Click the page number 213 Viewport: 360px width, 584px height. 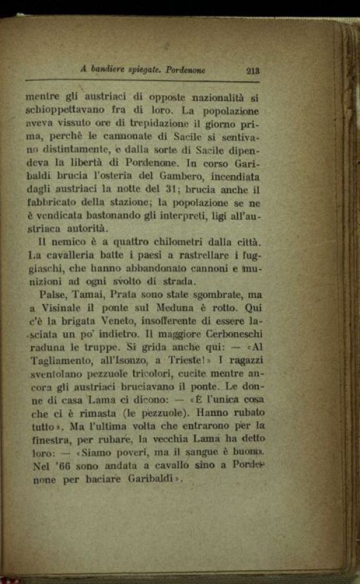[252, 71]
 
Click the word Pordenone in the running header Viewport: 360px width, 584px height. [185, 71]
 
